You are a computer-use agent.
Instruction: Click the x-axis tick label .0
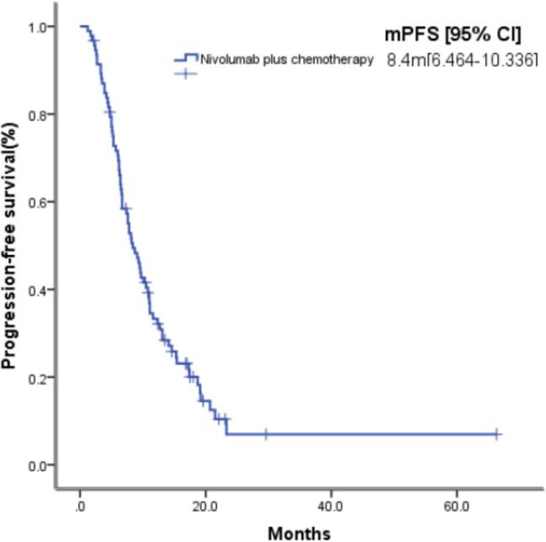79,507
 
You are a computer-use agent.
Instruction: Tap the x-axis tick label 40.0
332,507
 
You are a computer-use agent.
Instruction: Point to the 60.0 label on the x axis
457,507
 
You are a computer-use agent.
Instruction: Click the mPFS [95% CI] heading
449,35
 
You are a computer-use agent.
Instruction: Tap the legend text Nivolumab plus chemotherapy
286,59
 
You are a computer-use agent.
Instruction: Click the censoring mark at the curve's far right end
497,434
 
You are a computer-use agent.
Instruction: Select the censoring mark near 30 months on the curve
266,434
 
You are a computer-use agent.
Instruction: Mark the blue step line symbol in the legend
185,58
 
